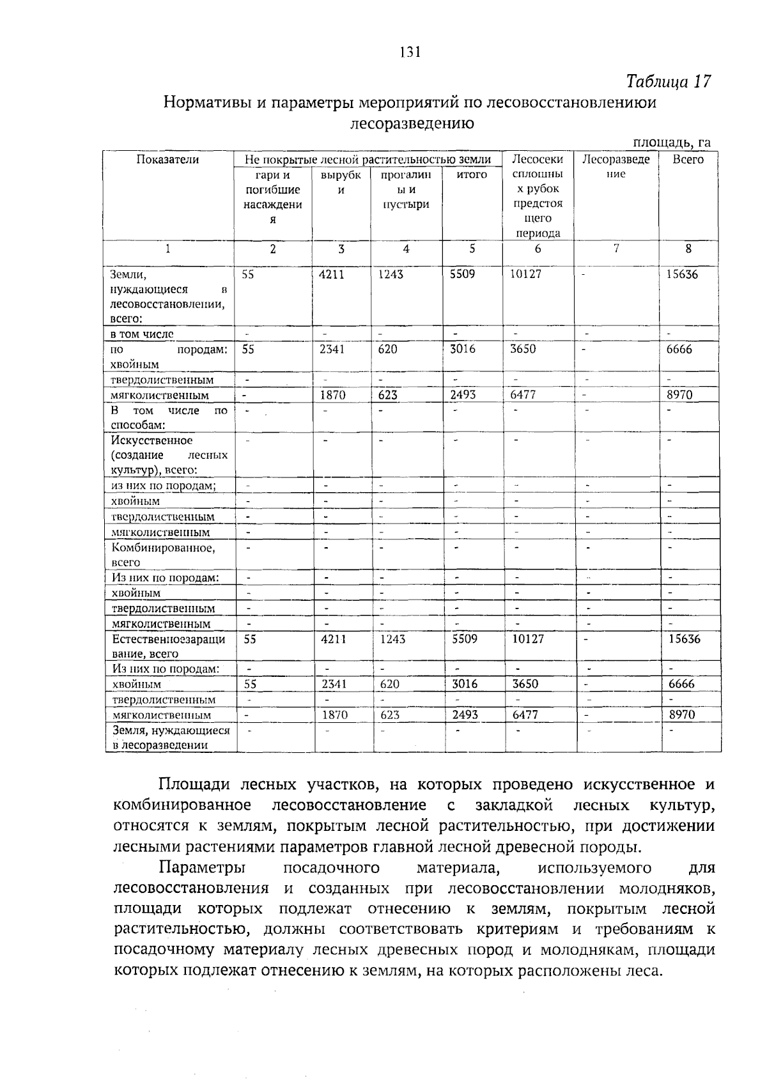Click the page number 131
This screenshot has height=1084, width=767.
point(409,52)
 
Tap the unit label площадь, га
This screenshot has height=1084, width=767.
point(671,143)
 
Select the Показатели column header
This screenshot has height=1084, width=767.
point(167,160)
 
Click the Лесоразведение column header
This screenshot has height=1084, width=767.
point(616,166)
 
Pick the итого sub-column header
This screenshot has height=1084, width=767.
point(472,174)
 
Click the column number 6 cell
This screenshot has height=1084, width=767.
point(538,249)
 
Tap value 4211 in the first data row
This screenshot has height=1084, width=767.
point(332,274)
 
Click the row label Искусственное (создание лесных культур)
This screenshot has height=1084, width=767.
point(169,455)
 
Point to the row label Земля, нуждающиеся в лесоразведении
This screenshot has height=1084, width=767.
point(171,737)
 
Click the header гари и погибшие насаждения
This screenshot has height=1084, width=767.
point(273,196)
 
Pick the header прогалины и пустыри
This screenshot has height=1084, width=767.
point(406,189)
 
